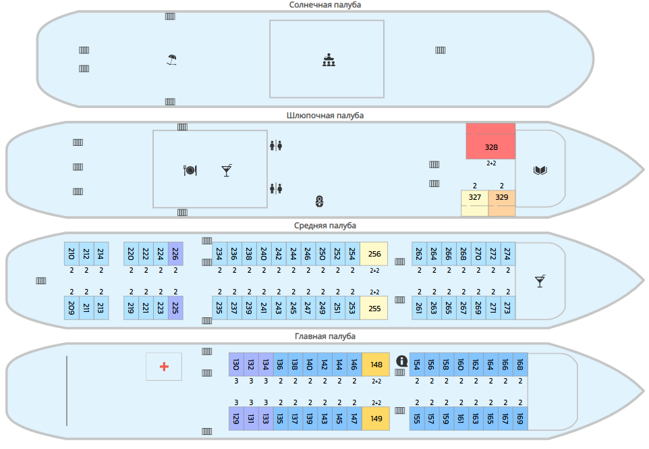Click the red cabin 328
(490, 141)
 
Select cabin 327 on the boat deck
(475, 203)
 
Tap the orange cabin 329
(502, 203)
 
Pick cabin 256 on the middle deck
(374, 253)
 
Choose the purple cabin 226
(175, 253)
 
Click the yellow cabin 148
(376, 365)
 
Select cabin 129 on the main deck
(236, 419)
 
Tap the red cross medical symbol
(164, 367)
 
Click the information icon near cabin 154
(402, 361)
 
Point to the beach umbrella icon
(172, 60)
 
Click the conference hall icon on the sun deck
(329, 60)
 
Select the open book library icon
(540, 170)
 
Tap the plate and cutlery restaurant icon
(190, 170)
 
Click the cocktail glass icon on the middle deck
(540, 281)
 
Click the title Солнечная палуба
(325, 5)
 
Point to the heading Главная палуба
(325, 336)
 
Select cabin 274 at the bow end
(508, 253)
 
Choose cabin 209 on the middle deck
(72, 308)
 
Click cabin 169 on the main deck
(520, 419)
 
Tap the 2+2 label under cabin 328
(491, 163)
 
